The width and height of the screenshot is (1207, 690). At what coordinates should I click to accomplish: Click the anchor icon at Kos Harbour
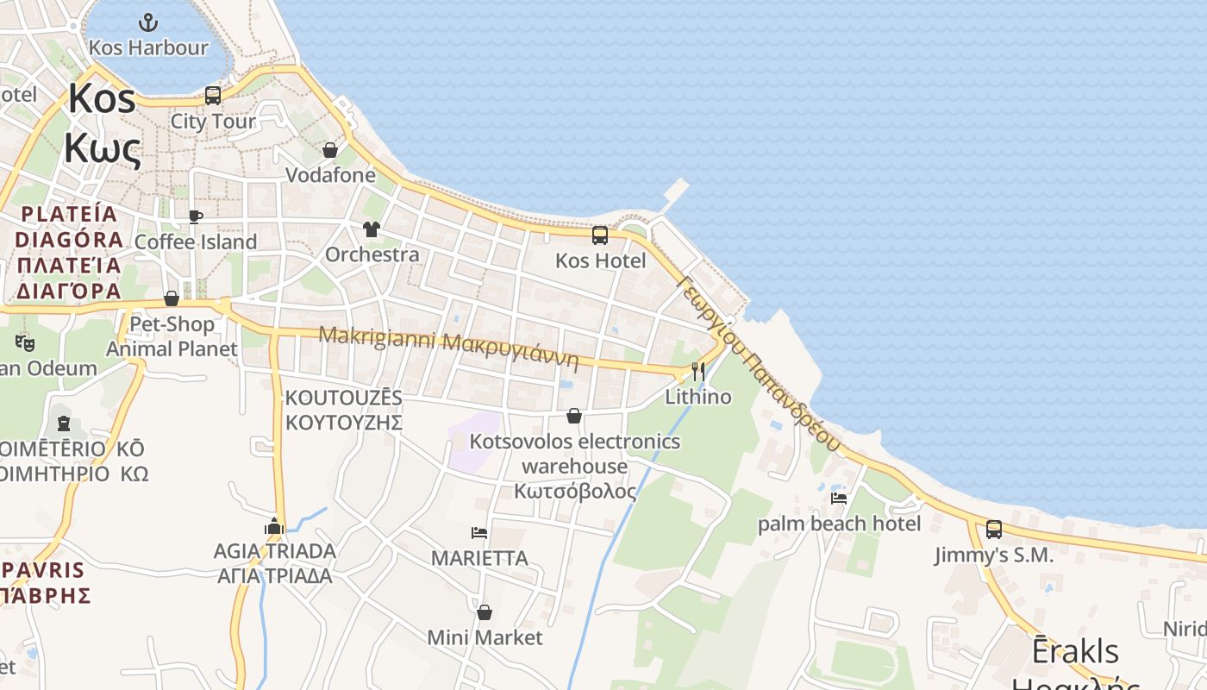pyautogui.click(x=149, y=22)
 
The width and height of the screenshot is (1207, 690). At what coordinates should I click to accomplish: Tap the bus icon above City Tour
pyautogui.click(x=213, y=96)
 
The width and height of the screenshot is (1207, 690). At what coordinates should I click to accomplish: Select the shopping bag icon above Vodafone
pyautogui.click(x=329, y=150)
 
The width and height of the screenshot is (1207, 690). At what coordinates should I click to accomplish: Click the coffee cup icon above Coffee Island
pyautogui.click(x=196, y=216)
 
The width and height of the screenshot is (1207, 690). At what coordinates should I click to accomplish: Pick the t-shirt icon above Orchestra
pyautogui.click(x=372, y=229)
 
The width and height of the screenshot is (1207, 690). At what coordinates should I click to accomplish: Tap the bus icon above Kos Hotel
pyautogui.click(x=599, y=235)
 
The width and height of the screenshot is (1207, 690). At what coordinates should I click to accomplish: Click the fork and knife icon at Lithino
pyautogui.click(x=698, y=372)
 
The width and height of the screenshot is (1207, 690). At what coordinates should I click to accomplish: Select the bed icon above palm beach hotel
pyautogui.click(x=839, y=498)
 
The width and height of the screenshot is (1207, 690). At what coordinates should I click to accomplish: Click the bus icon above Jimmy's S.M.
pyautogui.click(x=994, y=530)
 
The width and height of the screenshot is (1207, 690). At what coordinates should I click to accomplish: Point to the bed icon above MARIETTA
pyautogui.click(x=479, y=533)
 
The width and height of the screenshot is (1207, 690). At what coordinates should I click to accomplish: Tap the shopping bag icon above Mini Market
pyautogui.click(x=485, y=612)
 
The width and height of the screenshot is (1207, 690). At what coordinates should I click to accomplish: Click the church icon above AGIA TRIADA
pyautogui.click(x=274, y=525)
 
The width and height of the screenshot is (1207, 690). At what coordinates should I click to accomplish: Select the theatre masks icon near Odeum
pyautogui.click(x=25, y=343)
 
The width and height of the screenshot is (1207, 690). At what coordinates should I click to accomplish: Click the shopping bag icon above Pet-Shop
pyautogui.click(x=172, y=298)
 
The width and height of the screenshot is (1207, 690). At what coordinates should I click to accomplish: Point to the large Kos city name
pyautogui.click(x=102, y=98)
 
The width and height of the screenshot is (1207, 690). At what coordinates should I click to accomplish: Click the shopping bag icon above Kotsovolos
pyautogui.click(x=574, y=417)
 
